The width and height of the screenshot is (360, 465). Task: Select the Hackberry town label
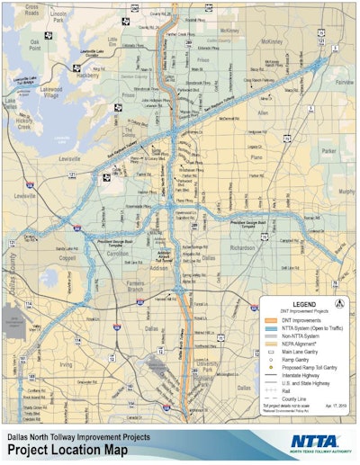(87, 77)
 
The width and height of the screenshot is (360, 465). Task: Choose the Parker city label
(327, 150)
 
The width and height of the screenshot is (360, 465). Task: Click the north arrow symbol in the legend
(338, 304)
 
